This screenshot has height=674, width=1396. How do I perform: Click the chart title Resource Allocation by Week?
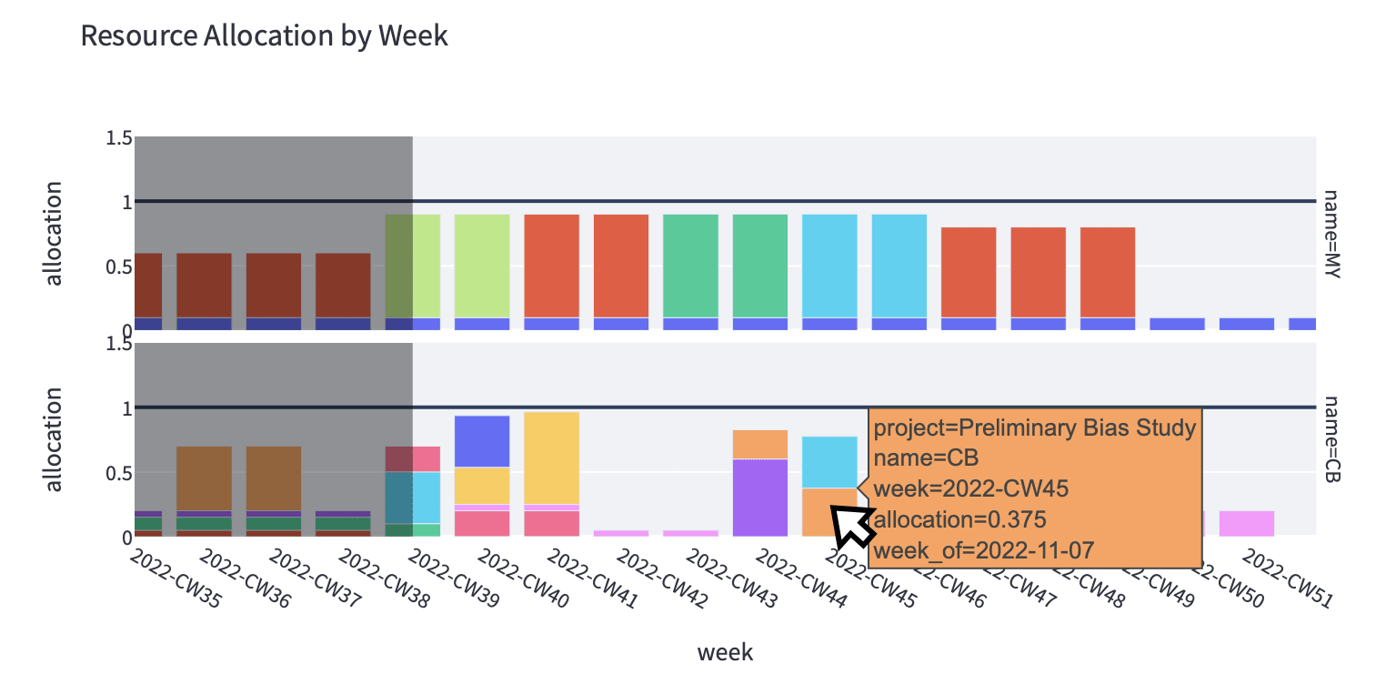click(x=264, y=35)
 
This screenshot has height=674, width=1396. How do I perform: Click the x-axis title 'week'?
click(x=725, y=651)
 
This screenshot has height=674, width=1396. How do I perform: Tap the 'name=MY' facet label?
click(x=1332, y=234)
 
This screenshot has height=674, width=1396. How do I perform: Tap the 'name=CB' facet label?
click(x=1332, y=439)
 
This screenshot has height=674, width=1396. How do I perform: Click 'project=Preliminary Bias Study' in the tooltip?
click(x=1034, y=428)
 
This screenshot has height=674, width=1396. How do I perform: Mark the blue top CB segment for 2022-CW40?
click(x=482, y=441)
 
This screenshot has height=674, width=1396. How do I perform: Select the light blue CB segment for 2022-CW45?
click(x=829, y=462)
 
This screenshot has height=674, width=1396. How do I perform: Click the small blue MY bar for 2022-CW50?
click(x=1247, y=323)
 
